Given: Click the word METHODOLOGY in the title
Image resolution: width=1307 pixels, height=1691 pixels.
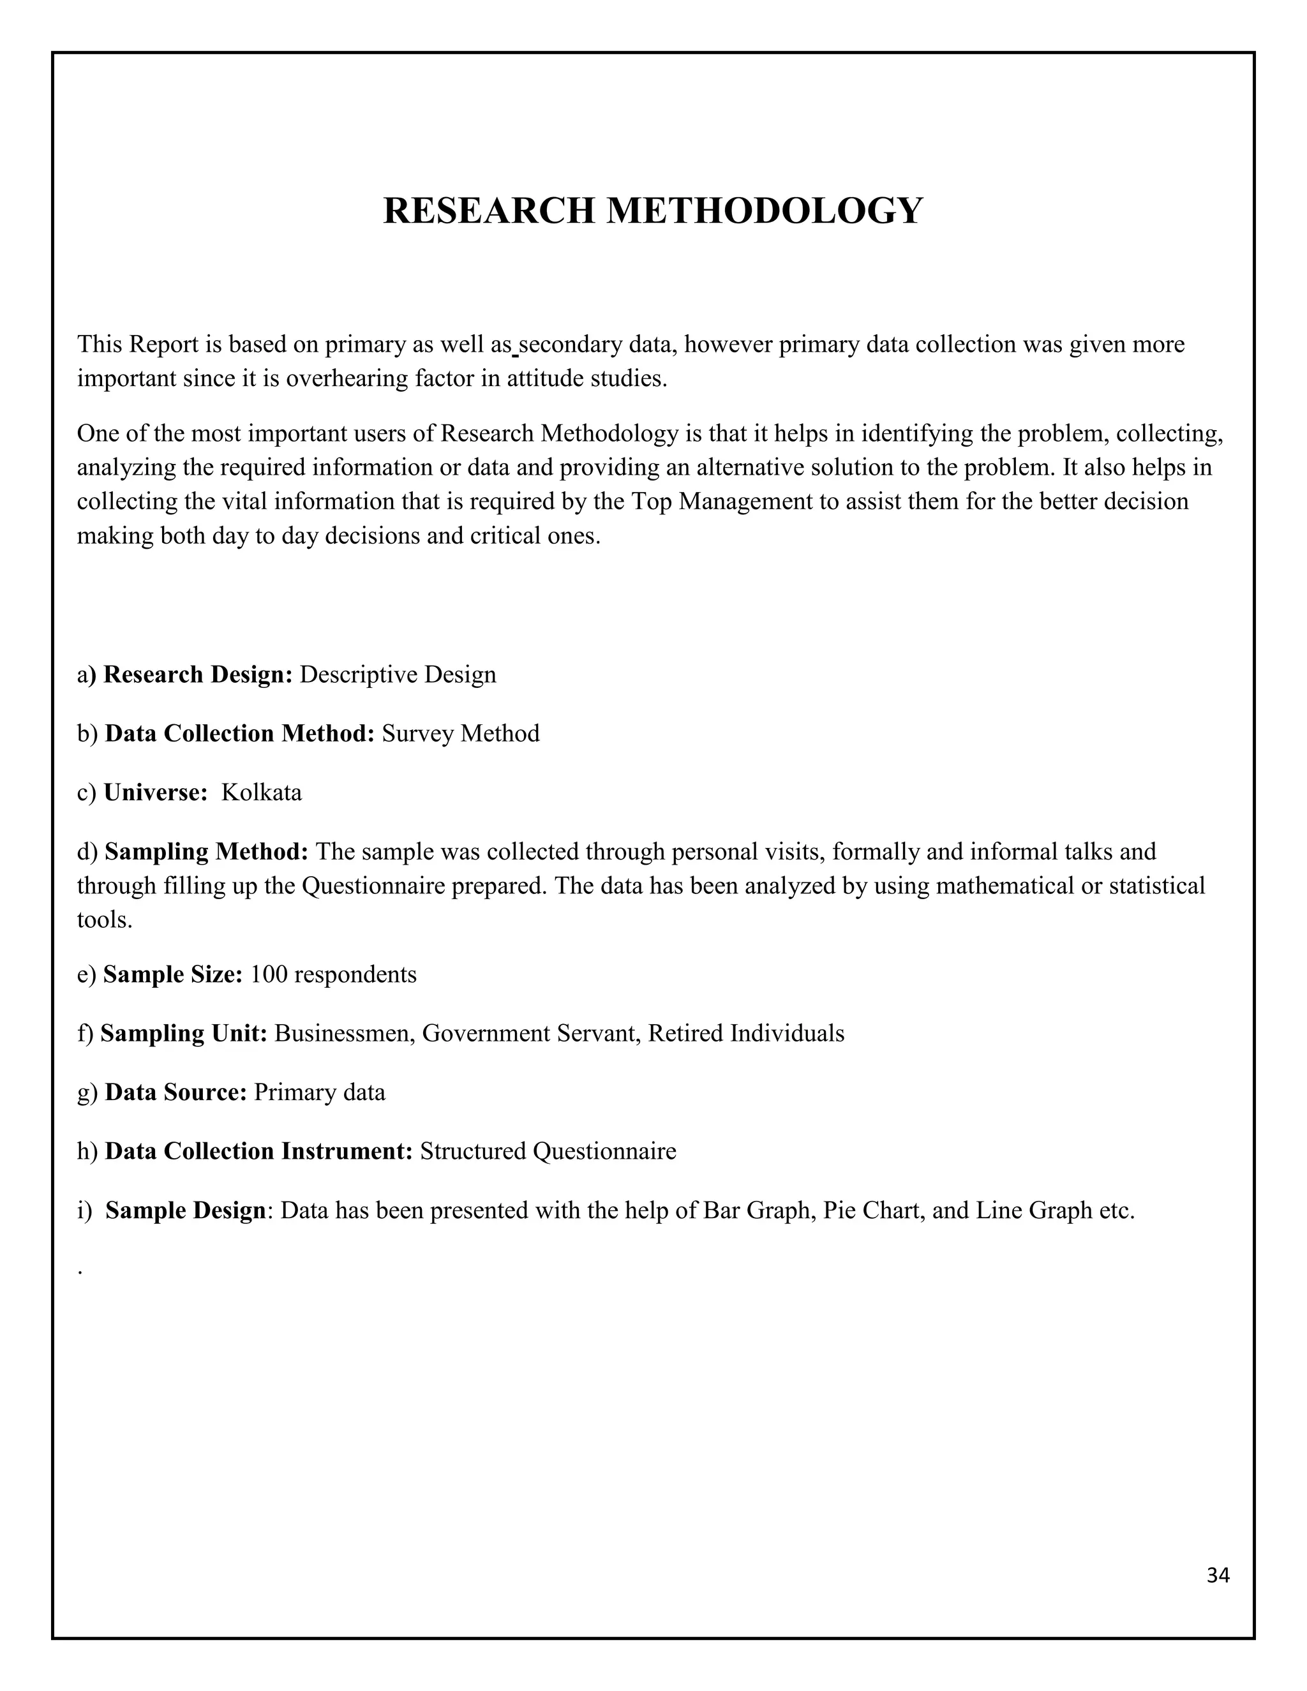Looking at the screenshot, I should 763,211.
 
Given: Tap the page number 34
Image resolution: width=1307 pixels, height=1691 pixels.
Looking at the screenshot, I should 1217,1576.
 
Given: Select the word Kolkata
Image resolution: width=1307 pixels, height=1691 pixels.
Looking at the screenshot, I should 262,793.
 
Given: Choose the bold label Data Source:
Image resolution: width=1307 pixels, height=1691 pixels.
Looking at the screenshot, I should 175,1092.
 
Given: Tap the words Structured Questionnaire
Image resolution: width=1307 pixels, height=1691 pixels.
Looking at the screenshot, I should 548,1151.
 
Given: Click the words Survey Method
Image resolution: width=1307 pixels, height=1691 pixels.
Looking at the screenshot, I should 461,733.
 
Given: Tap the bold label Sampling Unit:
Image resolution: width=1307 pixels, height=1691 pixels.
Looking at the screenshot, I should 184,1033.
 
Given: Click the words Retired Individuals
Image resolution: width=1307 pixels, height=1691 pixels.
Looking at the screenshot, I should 745,1033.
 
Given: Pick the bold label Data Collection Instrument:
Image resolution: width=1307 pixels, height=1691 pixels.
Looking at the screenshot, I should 258,1151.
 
